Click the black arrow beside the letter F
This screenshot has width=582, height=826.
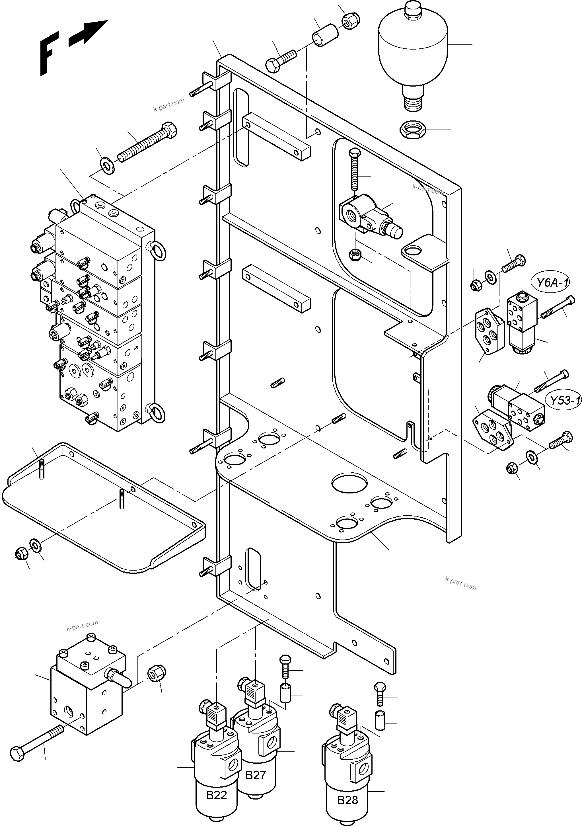pos(88,33)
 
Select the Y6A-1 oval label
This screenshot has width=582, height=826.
pos(552,282)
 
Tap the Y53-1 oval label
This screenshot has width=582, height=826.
pos(564,400)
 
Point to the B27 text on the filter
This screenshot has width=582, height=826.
pos(255,775)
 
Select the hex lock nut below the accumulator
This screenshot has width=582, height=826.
pos(413,129)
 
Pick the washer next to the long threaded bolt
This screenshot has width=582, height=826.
pos(107,165)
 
